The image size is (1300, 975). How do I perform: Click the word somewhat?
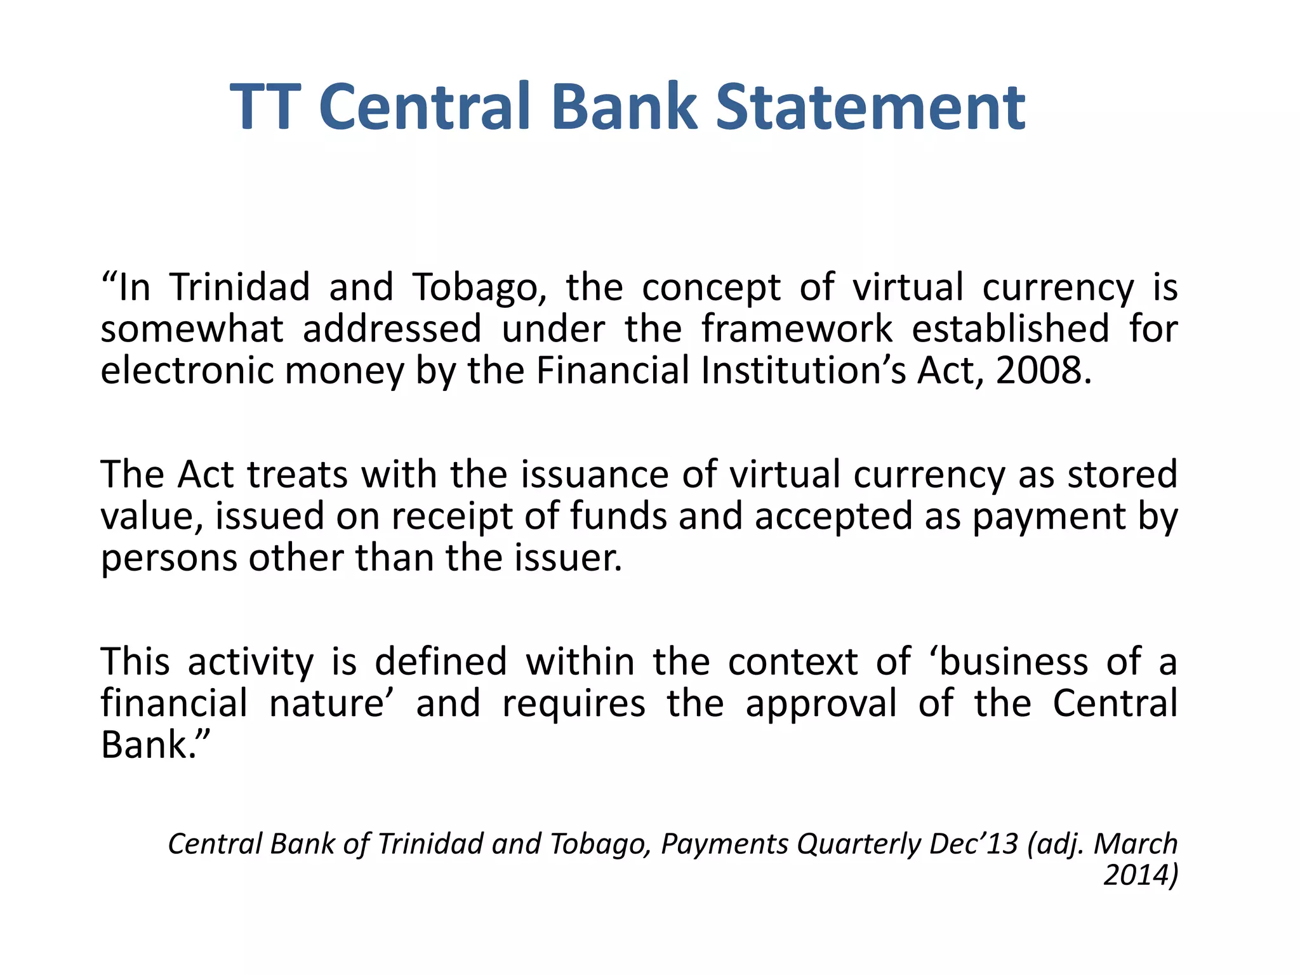192,329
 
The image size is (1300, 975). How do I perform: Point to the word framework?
797,329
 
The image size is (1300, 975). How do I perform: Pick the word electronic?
187,371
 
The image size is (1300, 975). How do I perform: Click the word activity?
251,662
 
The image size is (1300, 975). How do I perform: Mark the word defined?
441,662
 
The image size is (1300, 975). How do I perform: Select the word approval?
821,704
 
